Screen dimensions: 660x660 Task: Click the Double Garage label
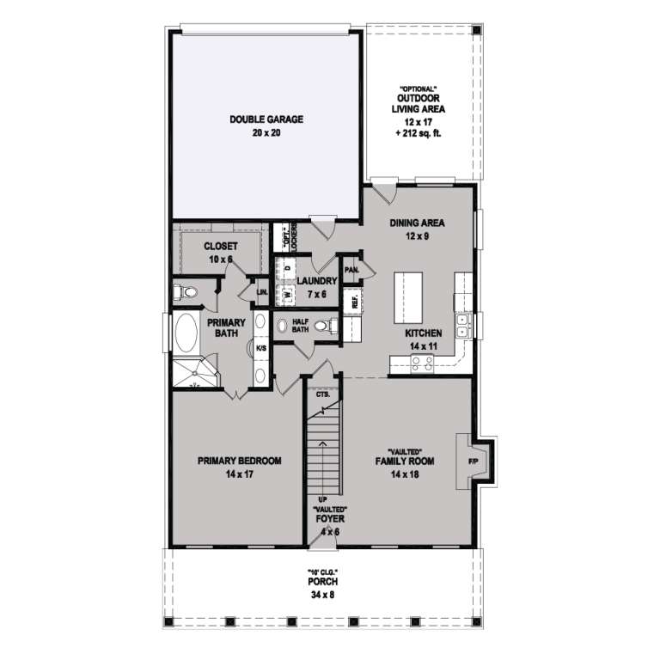(266, 125)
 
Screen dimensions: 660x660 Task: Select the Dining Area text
(417, 229)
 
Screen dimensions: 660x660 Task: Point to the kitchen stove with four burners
(422, 364)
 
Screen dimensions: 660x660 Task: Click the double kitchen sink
(462, 324)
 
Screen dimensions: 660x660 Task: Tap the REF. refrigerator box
(352, 302)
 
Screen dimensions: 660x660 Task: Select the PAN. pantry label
(351, 268)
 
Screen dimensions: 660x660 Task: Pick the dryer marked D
(287, 268)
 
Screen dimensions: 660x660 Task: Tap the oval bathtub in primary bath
(185, 335)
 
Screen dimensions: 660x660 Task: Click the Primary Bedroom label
(240, 467)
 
